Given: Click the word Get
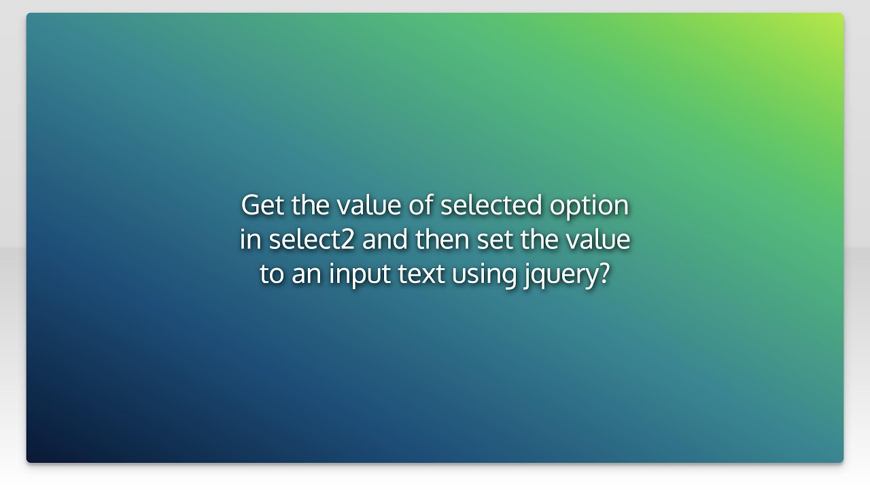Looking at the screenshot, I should click(x=262, y=205).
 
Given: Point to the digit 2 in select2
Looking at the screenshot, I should click(x=348, y=240).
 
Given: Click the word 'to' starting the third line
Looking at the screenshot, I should click(x=272, y=274).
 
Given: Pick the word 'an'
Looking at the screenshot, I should click(x=307, y=274).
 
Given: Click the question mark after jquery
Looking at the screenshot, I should click(x=604, y=274).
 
